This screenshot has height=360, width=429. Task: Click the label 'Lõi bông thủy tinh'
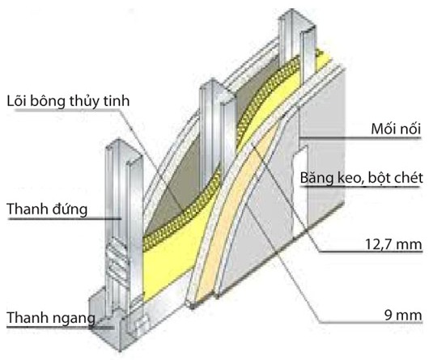[x=68, y=101]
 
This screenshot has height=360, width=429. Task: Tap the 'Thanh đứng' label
[x=47, y=209]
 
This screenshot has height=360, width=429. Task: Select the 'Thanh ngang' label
[x=51, y=318]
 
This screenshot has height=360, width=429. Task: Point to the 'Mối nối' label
[x=396, y=129]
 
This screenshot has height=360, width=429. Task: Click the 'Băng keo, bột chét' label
[x=362, y=178]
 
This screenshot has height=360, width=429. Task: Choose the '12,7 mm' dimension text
[x=393, y=244]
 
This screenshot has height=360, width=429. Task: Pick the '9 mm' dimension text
[x=403, y=316]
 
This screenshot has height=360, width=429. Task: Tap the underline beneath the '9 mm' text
[x=371, y=323]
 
